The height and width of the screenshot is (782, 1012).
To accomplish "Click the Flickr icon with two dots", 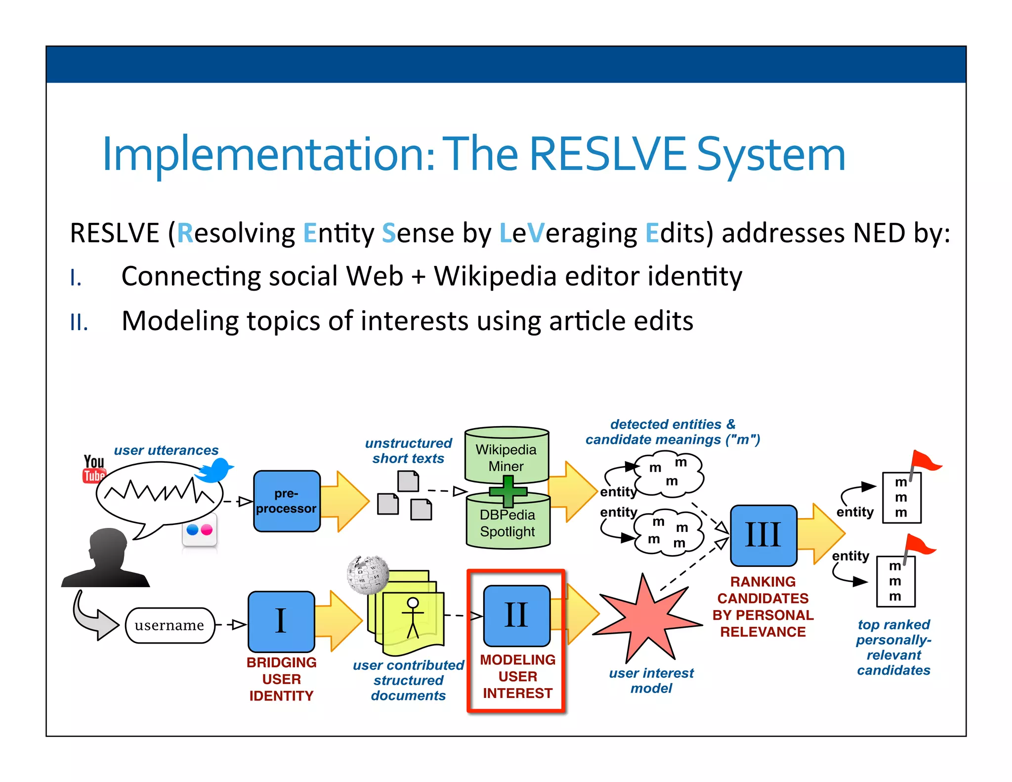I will point(200,530).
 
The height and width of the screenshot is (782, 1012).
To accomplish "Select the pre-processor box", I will point(287,501).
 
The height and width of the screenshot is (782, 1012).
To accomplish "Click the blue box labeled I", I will point(281,621).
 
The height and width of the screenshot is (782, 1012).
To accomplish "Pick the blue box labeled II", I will point(517,615).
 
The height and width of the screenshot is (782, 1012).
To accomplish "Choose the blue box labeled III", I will point(763,535).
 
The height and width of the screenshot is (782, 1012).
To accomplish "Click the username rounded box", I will point(170,626).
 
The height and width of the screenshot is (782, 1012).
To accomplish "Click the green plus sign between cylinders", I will point(508,491).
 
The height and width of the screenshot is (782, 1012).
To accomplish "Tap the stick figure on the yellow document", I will point(413,617).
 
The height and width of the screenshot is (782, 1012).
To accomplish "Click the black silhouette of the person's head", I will point(106,559).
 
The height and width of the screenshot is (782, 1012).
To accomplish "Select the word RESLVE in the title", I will point(607,154).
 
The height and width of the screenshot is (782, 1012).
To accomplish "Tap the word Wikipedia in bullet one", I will point(495,276).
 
